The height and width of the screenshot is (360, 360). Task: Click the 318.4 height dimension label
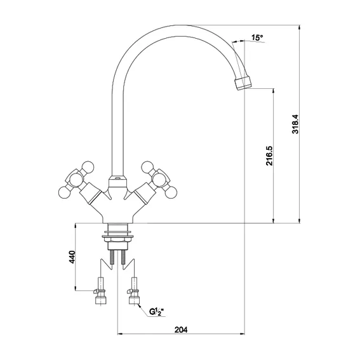(295, 124)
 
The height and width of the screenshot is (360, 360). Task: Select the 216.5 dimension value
(269, 156)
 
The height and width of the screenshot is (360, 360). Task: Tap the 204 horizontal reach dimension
(181, 330)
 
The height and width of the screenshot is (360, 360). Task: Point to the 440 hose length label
(72, 257)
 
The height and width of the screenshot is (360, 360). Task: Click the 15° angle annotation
(257, 37)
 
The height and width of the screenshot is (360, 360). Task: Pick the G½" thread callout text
(156, 312)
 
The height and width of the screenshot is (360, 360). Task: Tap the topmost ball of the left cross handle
(88, 167)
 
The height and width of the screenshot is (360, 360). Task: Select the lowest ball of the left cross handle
(64, 192)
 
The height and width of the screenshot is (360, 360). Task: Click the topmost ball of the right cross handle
(147, 167)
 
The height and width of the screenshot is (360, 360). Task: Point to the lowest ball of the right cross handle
(171, 192)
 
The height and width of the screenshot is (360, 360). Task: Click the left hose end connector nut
(100, 300)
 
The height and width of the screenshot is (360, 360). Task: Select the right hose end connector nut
(135, 300)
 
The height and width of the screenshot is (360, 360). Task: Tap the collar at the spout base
(117, 182)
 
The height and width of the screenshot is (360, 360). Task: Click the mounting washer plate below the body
(118, 236)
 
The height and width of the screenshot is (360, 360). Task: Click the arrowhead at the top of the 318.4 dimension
(299, 28)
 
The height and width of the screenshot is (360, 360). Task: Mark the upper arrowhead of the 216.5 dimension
(273, 91)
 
